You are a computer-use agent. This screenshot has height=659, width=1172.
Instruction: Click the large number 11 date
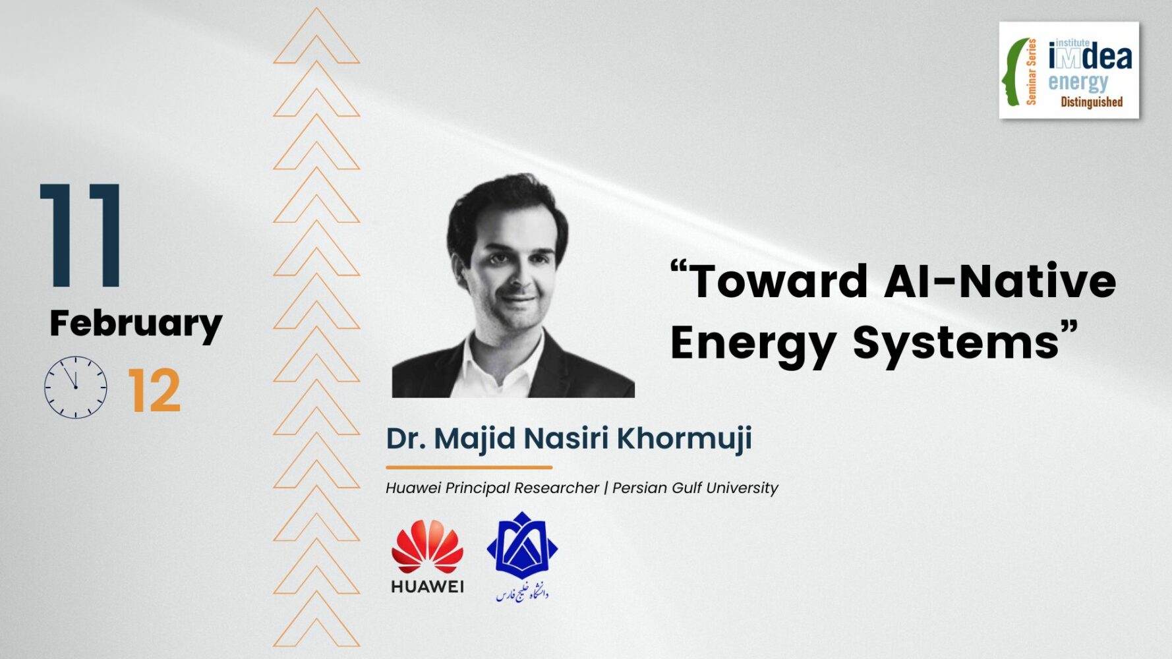[81, 235]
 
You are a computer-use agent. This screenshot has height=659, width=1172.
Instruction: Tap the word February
[136, 324]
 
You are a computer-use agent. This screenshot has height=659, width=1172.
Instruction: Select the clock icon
[76, 387]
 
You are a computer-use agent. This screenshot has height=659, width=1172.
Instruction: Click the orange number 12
[154, 390]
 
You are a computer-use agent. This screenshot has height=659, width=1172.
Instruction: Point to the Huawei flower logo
[427, 547]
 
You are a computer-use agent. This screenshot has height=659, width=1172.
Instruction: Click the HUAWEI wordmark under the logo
[427, 587]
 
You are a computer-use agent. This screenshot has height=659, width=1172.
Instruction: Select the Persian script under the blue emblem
[522, 592]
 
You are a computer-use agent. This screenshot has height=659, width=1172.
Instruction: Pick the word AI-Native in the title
[1000, 281]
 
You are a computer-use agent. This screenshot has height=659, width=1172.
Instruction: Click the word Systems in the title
[956, 343]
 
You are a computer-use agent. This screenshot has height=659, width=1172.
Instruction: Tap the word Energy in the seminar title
[753, 344]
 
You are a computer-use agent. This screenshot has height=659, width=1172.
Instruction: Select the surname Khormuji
[684, 439]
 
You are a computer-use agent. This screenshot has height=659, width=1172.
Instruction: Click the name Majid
[475, 439]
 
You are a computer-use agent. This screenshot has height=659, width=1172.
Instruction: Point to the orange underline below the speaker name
[469, 467]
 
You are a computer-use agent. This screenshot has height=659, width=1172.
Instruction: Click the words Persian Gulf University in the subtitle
[695, 488]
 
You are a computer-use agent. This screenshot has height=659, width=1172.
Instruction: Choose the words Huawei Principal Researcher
[492, 488]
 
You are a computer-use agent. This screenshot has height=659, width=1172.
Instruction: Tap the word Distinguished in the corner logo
[1092, 102]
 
